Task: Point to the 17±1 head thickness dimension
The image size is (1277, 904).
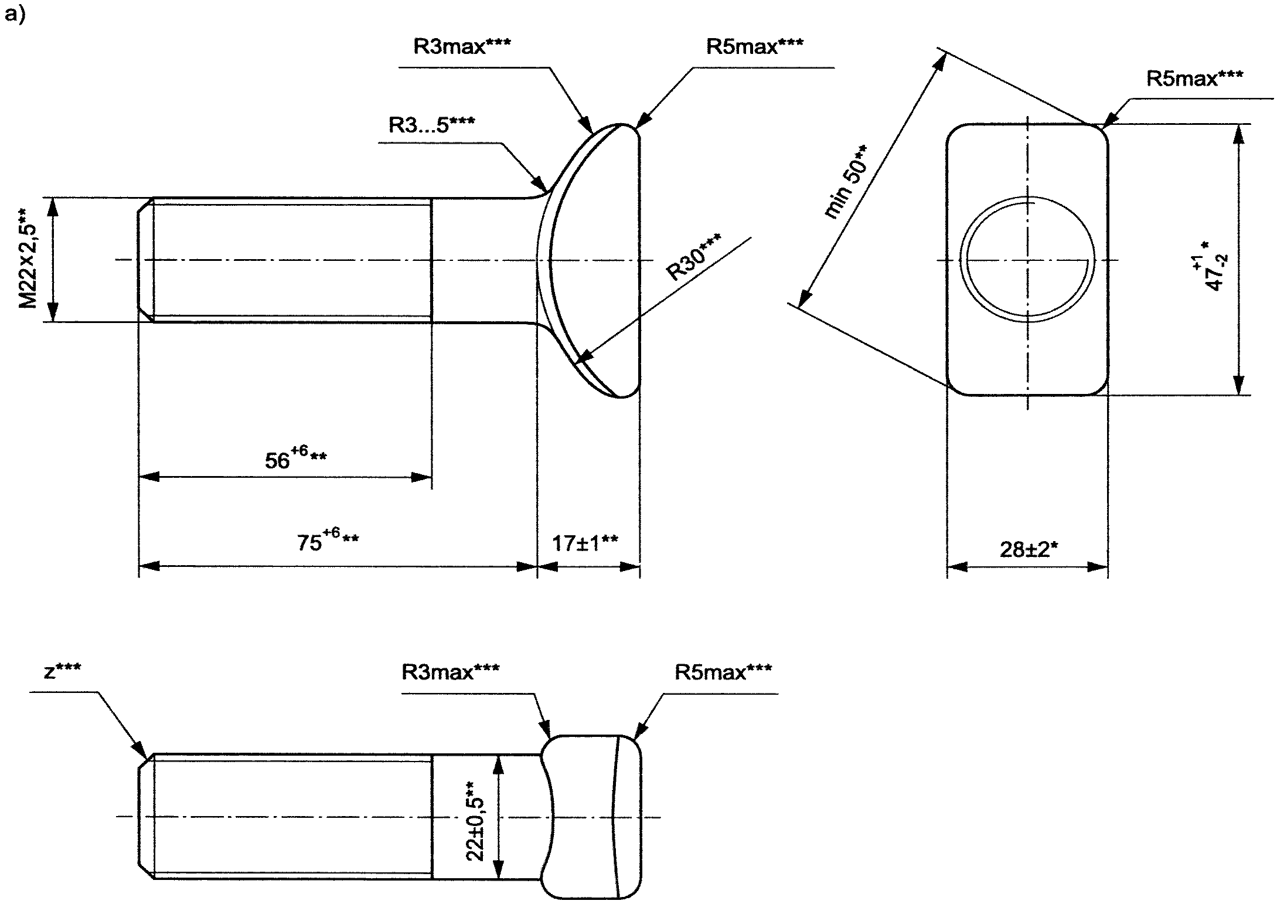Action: (585, 543)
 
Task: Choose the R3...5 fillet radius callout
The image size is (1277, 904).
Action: (432, 124)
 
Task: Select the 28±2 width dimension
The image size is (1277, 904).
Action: (1028, 549)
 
